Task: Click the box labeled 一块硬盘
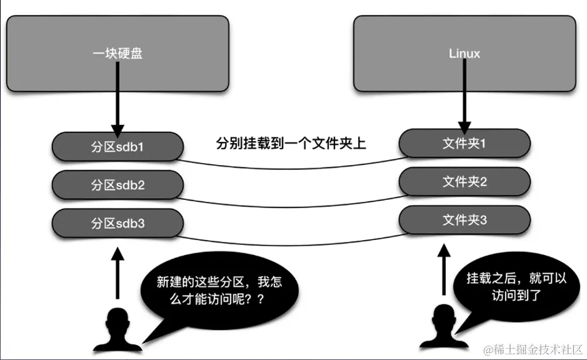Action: [117, 53]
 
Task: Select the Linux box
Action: [464, 53]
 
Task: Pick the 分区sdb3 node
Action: [118, 222]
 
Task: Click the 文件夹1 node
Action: [464, 143]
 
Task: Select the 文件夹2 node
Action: [464, 182]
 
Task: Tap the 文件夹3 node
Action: [464, 219]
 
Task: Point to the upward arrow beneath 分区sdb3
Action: [117, 271]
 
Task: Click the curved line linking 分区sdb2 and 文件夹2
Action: [291, 204]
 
